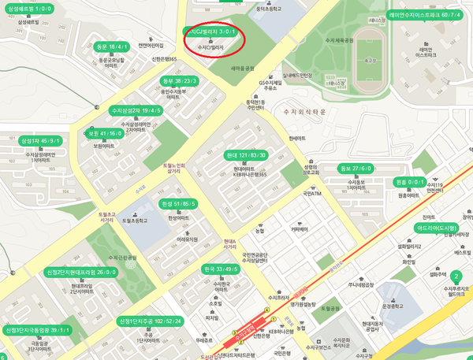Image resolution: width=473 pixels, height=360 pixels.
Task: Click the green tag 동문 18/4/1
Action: click(x=112, y=46)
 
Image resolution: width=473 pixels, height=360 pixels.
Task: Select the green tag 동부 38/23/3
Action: click(x=179, y=81)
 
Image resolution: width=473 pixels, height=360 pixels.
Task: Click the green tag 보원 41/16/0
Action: click(x=105, y=134)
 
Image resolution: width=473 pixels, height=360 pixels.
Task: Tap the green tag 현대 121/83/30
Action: click(x=246, y=155)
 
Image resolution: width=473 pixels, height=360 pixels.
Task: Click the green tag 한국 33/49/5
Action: click(x=220, y=269)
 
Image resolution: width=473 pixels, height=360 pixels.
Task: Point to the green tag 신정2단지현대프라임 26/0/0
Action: click(x=81, y=273)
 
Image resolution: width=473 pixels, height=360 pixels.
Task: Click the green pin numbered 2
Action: click(x=455, y=276)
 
